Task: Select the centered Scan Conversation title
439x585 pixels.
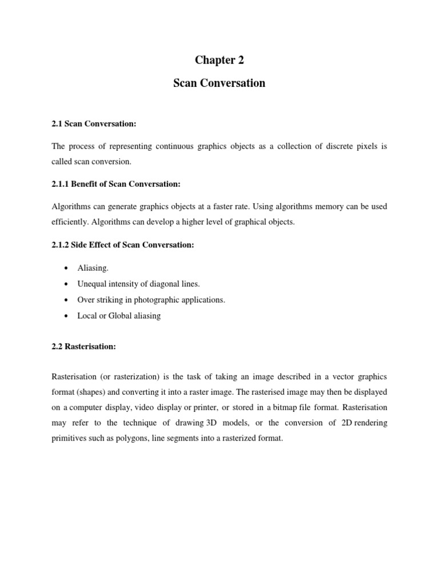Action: (219, 83)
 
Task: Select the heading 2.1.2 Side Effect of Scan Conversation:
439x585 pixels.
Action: (123, 245)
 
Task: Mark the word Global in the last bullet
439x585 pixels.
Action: (122, 316)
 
